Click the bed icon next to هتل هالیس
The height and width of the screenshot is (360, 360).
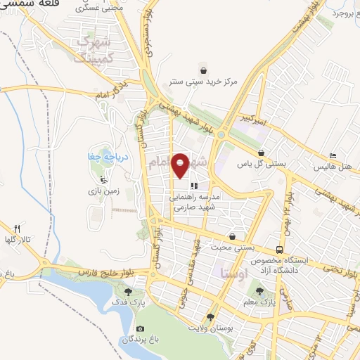[x=333, y=155]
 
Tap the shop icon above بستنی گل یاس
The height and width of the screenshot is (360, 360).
[x=262, y=153]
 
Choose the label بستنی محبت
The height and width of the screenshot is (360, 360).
[x=233, y=248]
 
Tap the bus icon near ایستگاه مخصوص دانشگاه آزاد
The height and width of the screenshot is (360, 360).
[x=280, y=250]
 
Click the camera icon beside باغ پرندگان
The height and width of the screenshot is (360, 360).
[x=140, y=329]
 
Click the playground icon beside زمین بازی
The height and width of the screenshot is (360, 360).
[x=103, y=179]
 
